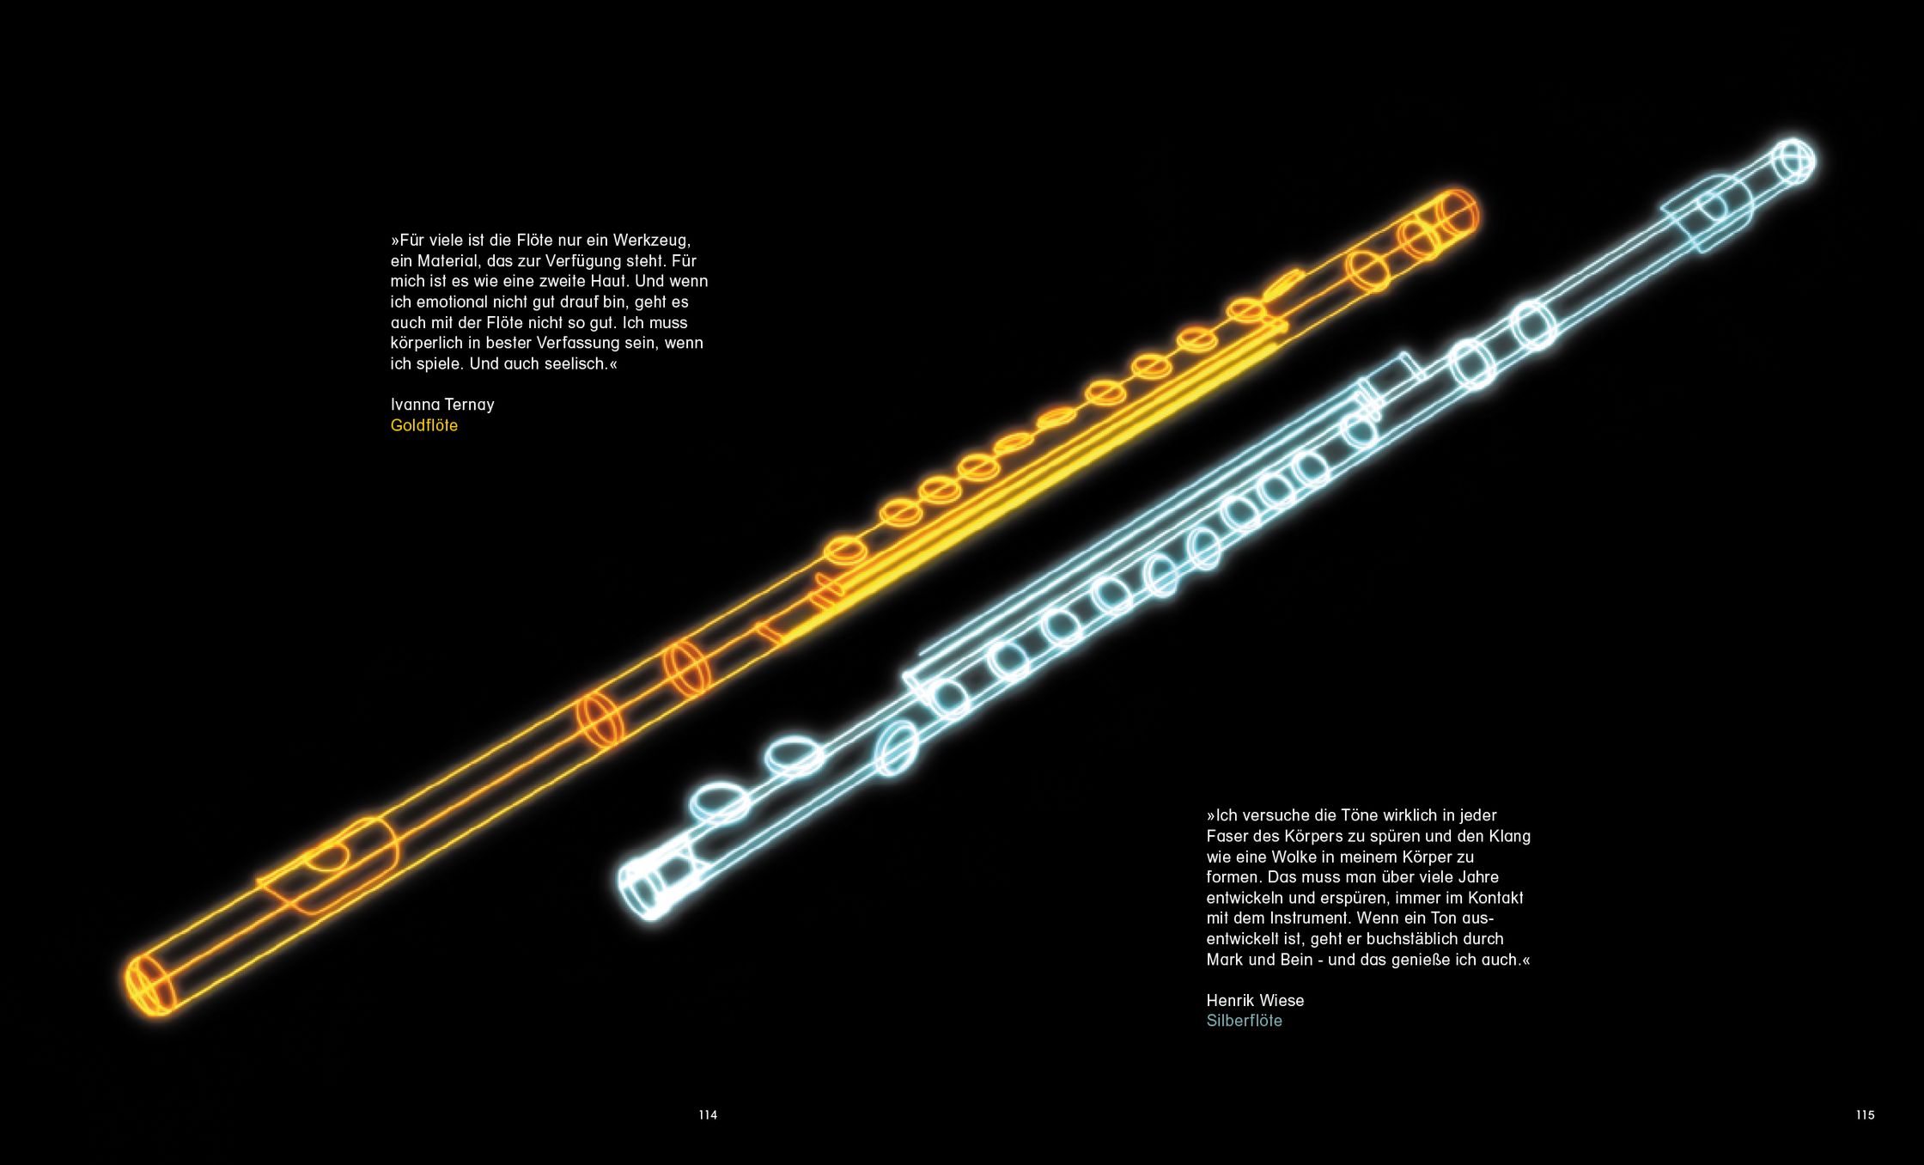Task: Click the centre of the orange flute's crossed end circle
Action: [149, 985]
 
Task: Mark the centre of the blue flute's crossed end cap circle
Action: [1793, 161]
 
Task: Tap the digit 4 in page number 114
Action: [713, 1115]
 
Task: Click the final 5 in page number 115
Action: [1871, 1115]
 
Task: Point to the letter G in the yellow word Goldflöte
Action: [397, 425]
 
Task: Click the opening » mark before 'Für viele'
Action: [395, 241]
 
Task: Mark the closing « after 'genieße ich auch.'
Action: [1525, 961]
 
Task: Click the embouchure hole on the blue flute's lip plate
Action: [1714, 206]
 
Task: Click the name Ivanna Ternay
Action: [442, 405]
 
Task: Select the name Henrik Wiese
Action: [1255, 1000]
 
